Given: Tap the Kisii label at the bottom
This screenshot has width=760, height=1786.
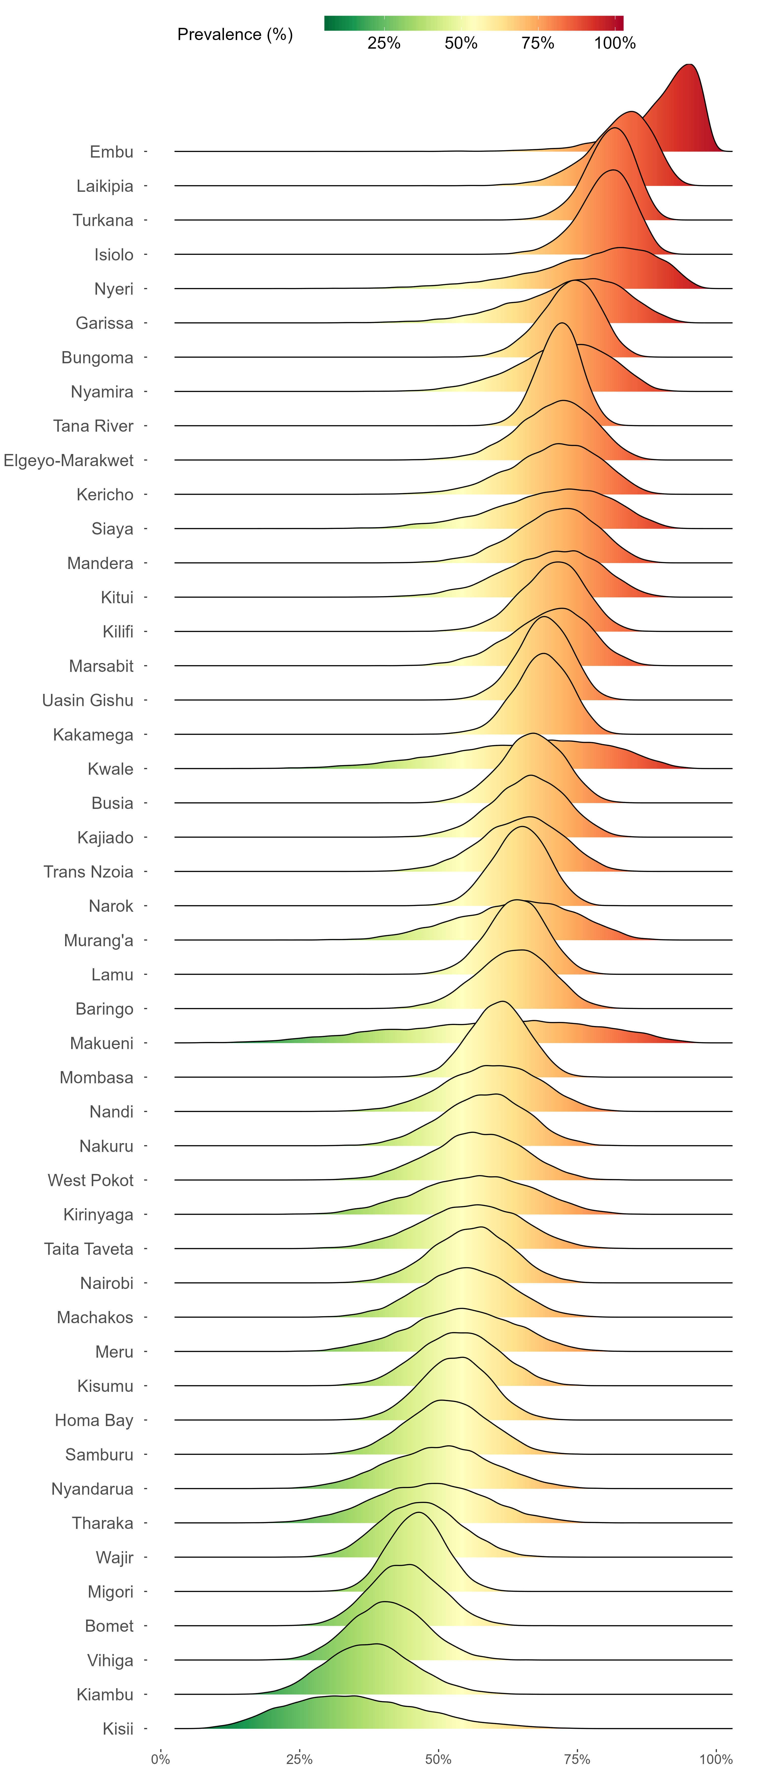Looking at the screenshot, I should click(x=118, y=1728).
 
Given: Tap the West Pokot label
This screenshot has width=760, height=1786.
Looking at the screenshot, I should click(x=90, y=1180).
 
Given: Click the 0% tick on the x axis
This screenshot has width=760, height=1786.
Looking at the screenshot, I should click(x=160, y=1759).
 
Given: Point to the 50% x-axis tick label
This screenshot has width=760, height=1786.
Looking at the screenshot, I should click(x=438, y=1759).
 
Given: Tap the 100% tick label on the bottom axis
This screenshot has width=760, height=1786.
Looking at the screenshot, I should click(x=716, y=1759).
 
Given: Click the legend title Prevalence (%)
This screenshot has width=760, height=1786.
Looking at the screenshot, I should click(x=235, y=35).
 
